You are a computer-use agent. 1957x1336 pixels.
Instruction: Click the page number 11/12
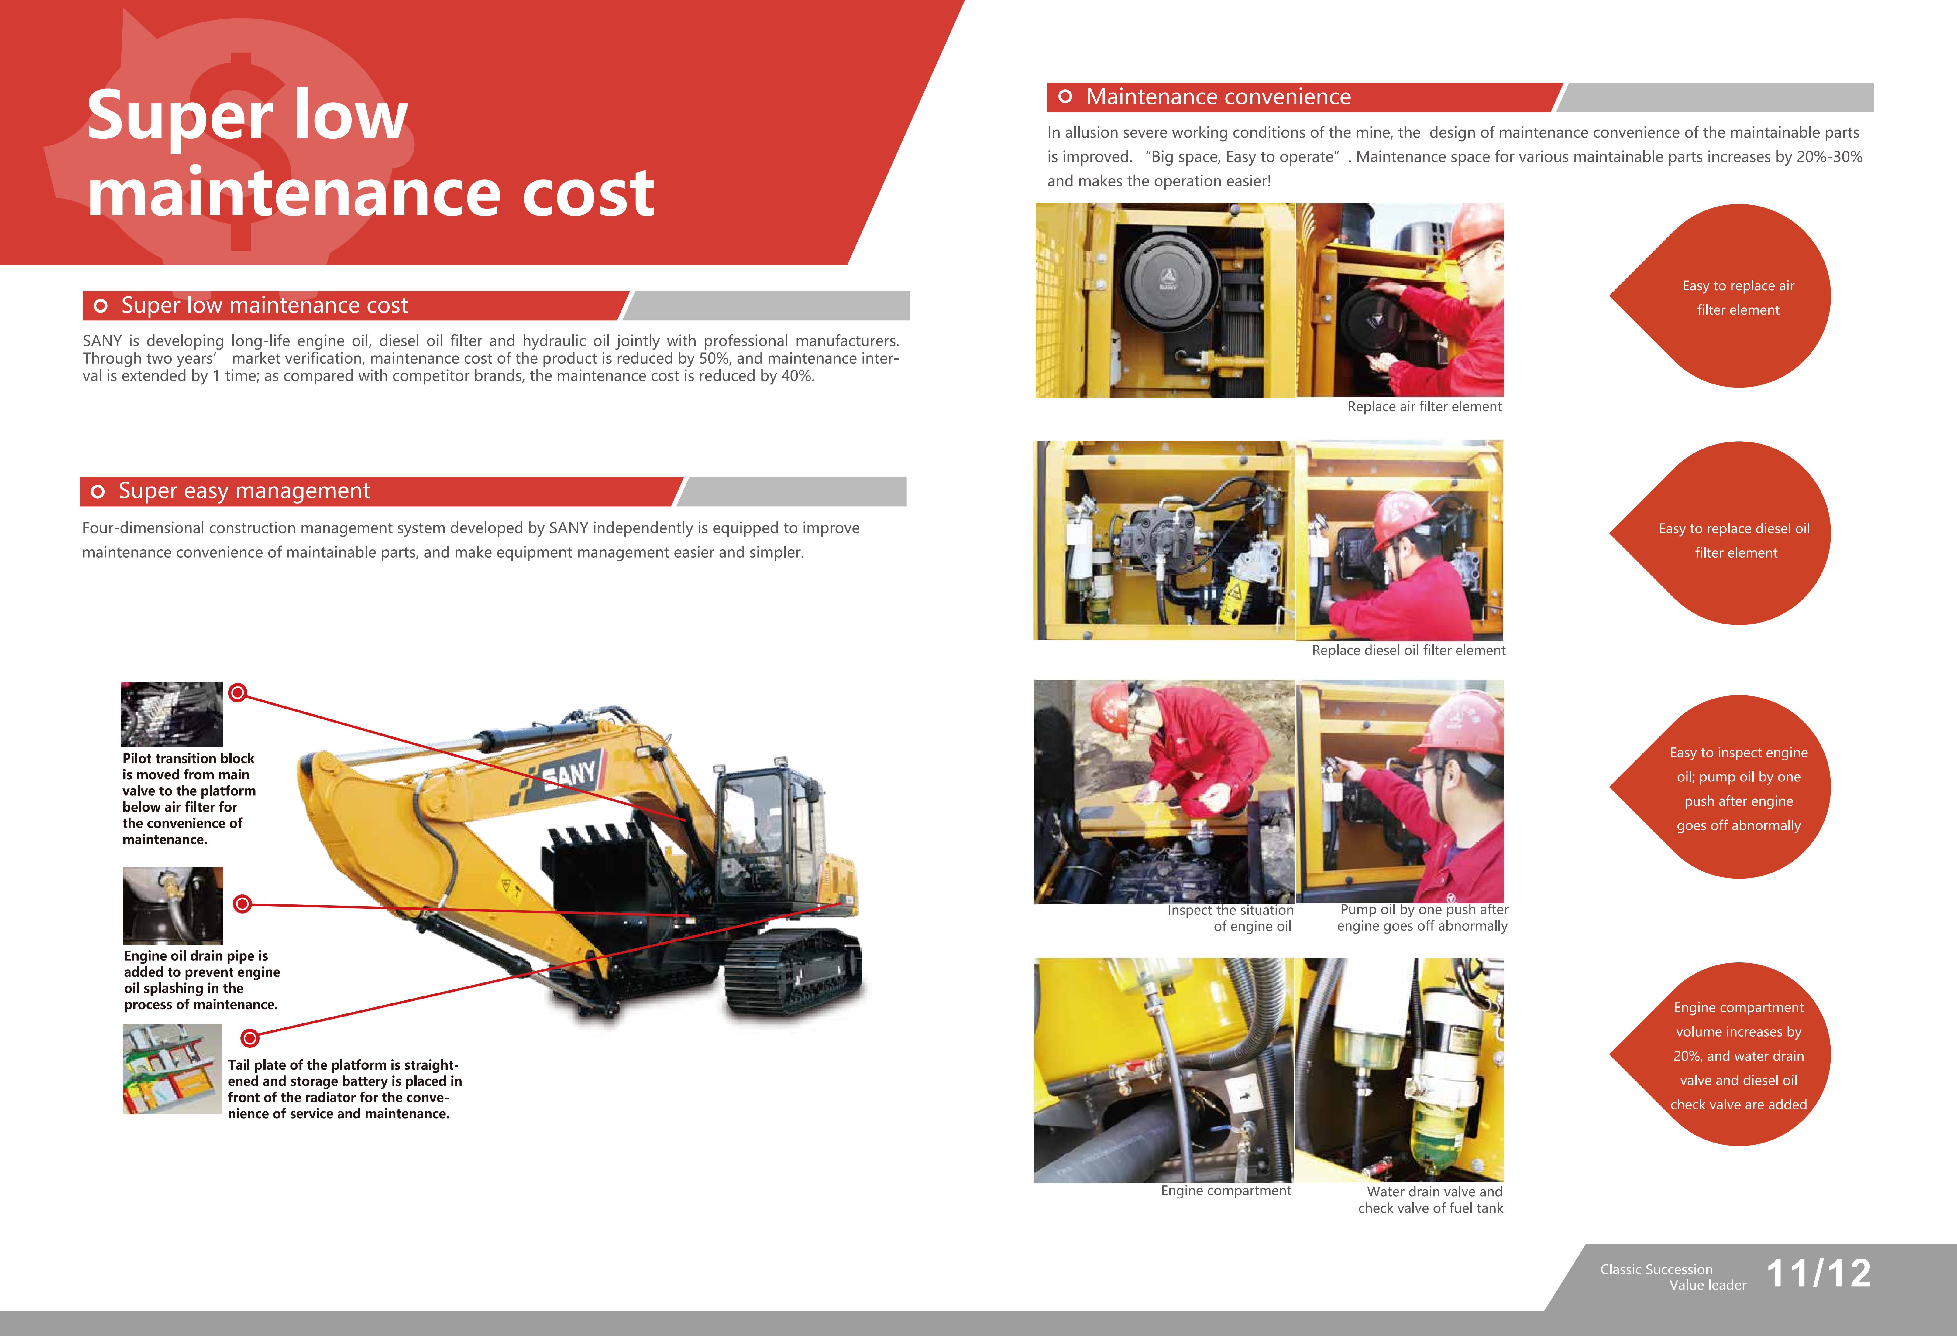coord(1819,1273)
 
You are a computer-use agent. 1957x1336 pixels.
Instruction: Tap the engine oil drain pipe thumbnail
coord(173,906)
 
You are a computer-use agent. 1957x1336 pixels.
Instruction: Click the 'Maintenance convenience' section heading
coord(1219,97)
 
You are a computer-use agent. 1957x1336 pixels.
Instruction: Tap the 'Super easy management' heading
coord(244,491)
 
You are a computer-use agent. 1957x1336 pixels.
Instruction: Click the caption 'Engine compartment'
coord(1226,1190)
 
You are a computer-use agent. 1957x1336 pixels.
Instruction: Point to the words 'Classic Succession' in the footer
coord(1656,1269)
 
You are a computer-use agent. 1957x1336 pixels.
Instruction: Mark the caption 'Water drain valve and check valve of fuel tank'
coord(1431,1200)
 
